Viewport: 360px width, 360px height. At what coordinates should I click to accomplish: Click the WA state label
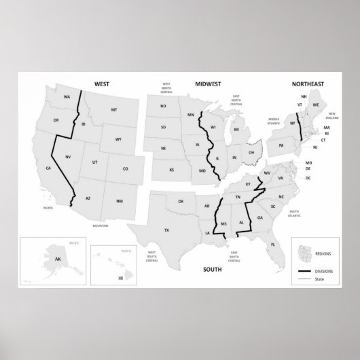click(67, 97)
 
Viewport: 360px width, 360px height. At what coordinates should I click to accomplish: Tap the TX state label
click(166, 230)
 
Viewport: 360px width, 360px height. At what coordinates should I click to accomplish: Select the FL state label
click(272, 244)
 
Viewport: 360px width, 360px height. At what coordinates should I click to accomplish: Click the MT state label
click(114, 109)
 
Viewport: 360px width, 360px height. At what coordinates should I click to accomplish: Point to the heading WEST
click(102, 84)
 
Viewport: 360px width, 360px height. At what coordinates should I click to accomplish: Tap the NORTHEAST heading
click(307, 84)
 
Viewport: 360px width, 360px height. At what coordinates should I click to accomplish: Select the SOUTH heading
click(212, 270)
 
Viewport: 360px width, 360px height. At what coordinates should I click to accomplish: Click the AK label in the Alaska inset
click(48, 258)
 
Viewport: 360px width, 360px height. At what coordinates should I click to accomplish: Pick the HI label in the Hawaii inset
click(121, 277)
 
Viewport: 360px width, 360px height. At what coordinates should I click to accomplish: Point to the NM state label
click(120, 200)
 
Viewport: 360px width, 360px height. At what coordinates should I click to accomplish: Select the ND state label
click(163, 107)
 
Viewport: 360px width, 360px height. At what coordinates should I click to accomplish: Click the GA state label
click(260, 217)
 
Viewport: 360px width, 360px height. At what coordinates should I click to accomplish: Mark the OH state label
click(251, 153)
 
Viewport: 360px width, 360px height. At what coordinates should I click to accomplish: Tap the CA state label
click(48, 168)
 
